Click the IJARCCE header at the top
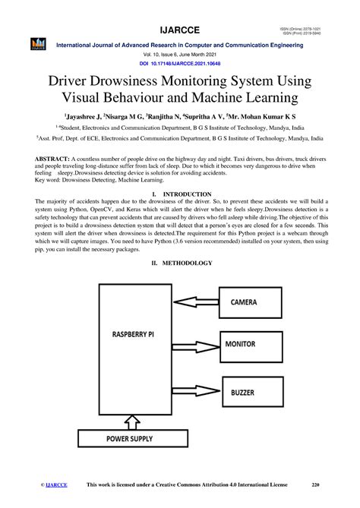tap(179, 28)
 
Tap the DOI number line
tap(180, 65)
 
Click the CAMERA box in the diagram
tap(254, 301)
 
